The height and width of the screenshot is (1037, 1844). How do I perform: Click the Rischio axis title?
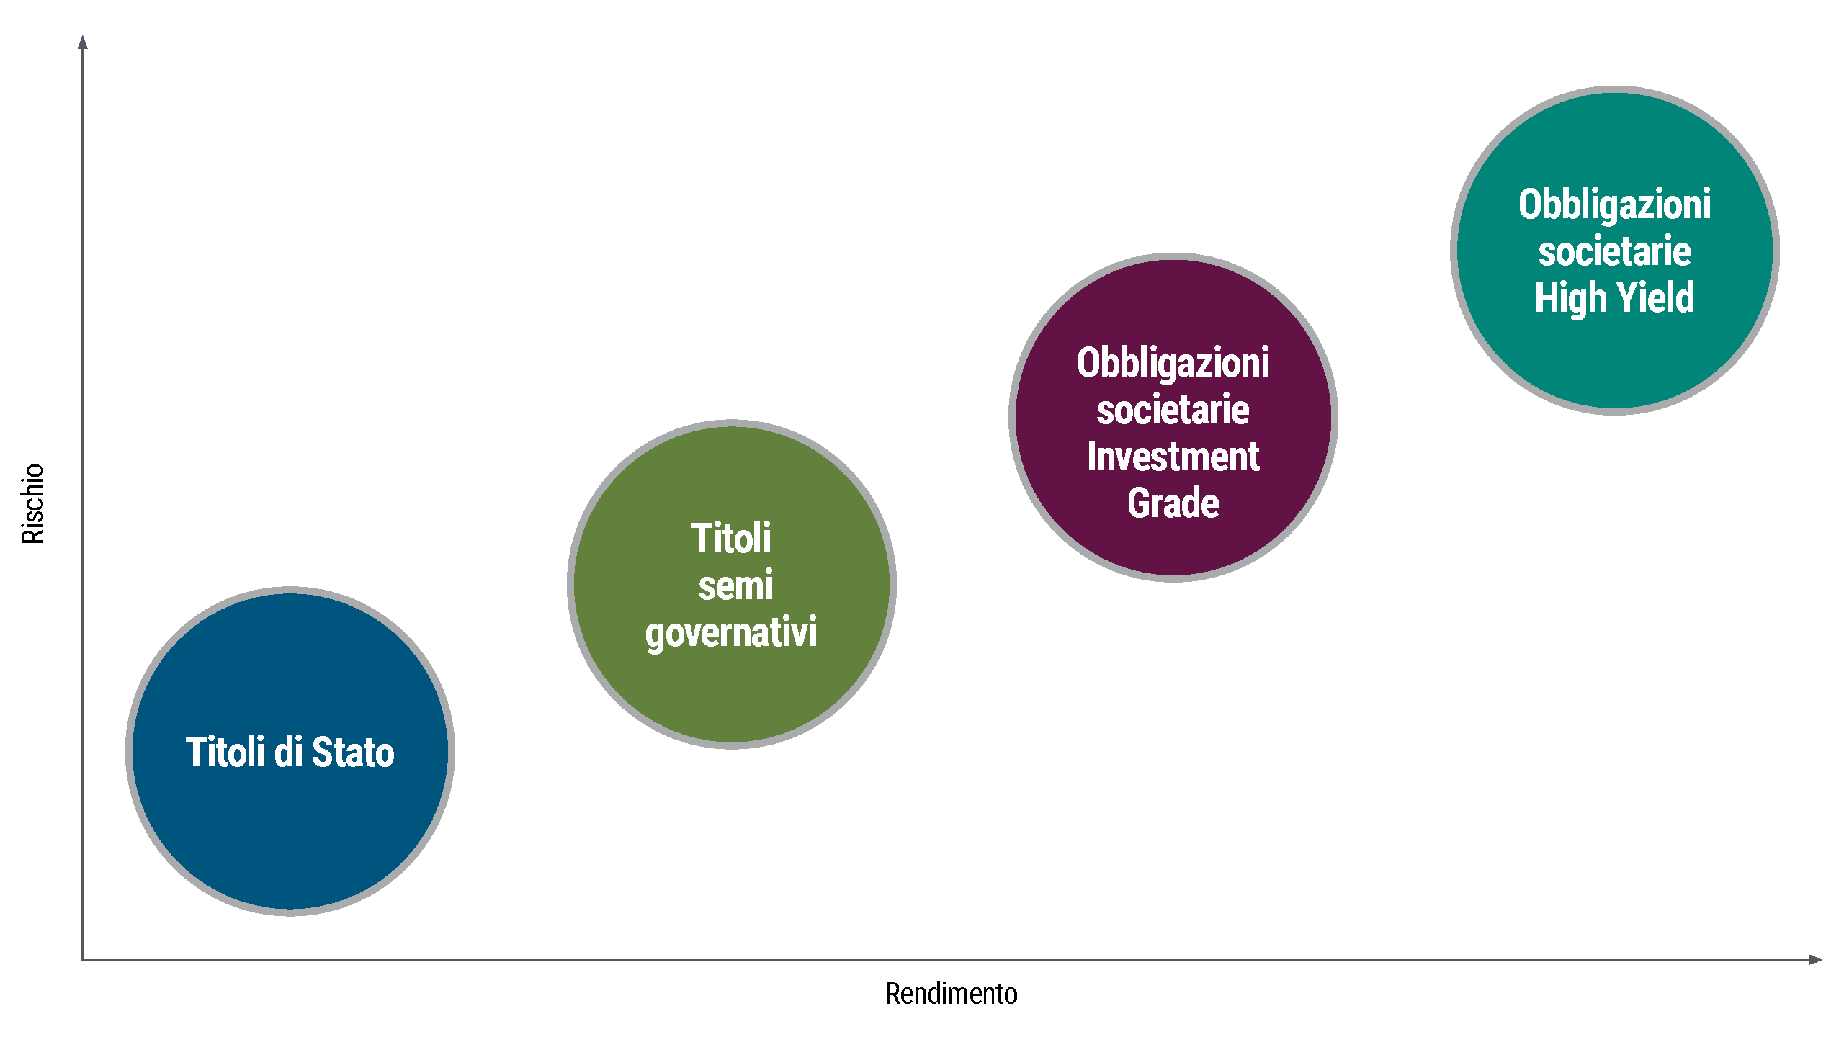click(x=33, y=503)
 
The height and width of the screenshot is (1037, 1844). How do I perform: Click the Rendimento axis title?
click(x=951, y=994)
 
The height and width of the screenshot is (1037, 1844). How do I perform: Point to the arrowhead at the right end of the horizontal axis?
click(x=1815, y=959)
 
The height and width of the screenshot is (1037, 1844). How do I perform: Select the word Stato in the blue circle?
click(x=353, y=752)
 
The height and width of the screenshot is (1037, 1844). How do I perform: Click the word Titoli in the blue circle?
click(x=225, y=752)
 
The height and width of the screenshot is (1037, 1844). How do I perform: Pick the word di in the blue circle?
click(x=288, y=752)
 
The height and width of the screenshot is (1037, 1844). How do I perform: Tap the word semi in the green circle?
click(x=735, y=585)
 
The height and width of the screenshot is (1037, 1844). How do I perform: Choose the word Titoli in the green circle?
click(x=731, y=538)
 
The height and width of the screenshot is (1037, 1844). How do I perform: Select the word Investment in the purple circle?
click(x=1173, y=457)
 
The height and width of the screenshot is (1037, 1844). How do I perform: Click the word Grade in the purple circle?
click(x=1173, y=503)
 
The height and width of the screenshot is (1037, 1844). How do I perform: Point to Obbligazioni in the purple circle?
click(x=1173, y=364)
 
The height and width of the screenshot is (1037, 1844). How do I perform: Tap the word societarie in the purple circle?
click(x=1173, y=410)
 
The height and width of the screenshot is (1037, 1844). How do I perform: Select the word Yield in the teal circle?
click(x=1655, y=297)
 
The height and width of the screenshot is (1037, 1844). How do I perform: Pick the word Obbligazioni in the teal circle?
click(x=1615, y=205)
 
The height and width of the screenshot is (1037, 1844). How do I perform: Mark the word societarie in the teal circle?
click(x=1615, y=252)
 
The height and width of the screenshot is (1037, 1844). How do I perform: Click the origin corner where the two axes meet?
click(x=83, y=959)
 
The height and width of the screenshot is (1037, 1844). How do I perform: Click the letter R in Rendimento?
click(x=892, y=994)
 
